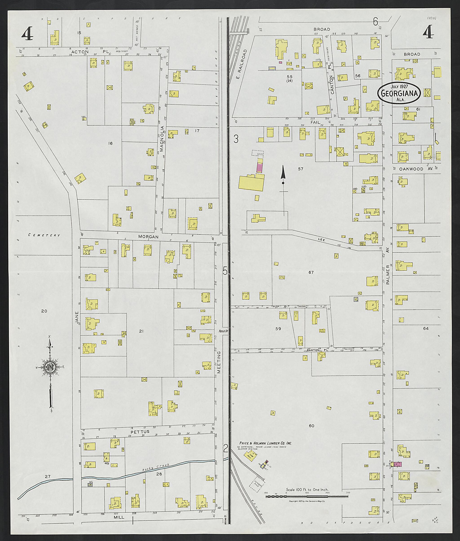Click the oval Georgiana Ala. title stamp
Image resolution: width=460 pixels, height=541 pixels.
[399, 93]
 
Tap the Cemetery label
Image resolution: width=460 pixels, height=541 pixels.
[44, 235]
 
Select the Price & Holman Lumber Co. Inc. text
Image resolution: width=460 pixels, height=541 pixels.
[265, 443]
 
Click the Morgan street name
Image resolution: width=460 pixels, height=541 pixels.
[148, 237]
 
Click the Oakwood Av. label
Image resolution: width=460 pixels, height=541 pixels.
[412, 169]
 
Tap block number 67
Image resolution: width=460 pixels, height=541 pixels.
[311, 272]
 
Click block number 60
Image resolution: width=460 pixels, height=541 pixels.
[311, 426]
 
